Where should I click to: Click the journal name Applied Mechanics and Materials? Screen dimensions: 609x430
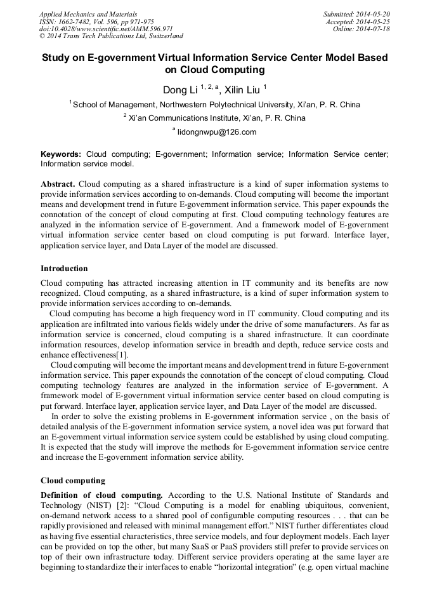click(88, 14)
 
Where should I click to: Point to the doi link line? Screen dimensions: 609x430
click(106, 29)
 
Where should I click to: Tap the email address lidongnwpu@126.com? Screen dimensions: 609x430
click(217, 132)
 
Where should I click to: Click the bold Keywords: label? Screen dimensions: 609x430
click(61, 154)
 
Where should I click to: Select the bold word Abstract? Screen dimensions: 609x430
click(58, 184)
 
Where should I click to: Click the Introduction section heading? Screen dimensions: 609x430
click(64, 269)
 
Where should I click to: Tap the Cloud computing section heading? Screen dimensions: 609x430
click(73, 480)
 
